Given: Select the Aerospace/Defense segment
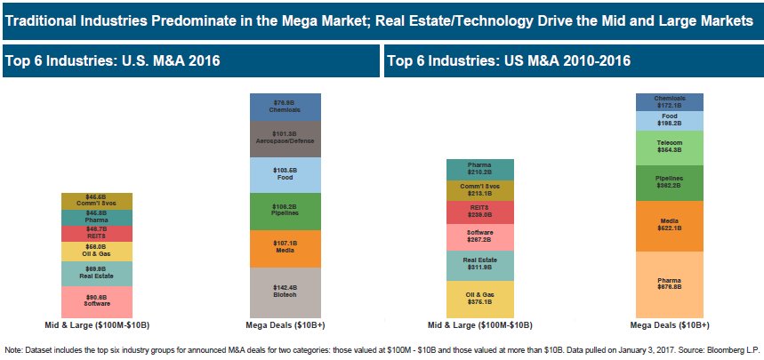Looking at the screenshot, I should [285, 138].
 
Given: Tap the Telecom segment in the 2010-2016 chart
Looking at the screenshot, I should [669, 146].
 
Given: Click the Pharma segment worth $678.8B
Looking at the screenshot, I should [669, 283].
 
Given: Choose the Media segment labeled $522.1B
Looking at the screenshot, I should [669, 224].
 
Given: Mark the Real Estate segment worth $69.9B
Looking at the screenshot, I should [96, 272].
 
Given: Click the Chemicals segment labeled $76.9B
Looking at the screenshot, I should [285, 106].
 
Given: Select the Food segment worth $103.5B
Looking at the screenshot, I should [285, 173].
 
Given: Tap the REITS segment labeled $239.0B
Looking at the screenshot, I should [479, 212].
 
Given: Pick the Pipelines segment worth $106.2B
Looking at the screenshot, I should [285, 211].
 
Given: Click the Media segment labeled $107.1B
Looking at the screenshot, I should [285, 248].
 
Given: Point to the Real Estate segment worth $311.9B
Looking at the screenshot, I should [479, 265].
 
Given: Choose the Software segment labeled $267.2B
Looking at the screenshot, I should [479, 236].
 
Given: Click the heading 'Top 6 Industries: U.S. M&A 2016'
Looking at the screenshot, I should [113, 62].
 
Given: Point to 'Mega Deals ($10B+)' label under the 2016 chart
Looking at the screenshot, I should [285, 324].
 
